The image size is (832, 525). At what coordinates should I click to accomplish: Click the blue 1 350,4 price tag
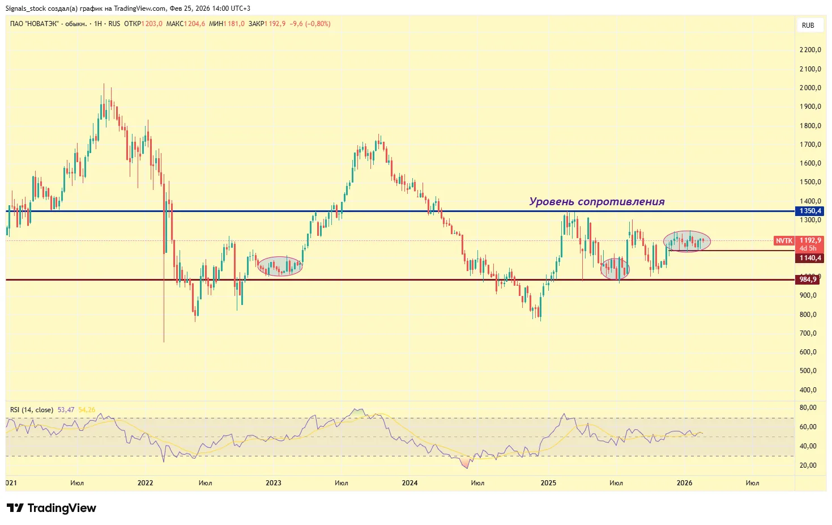(810, 211)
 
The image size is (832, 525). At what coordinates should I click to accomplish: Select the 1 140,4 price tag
(810, 258)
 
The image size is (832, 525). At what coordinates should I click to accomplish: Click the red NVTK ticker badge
(784, 241)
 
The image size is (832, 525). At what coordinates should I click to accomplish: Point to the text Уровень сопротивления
(596, 202)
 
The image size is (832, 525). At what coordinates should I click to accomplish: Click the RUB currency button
(808, 26)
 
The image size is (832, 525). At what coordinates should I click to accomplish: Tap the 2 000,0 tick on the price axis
(810, 88)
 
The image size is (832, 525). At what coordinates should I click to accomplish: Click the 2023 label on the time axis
(273, 483)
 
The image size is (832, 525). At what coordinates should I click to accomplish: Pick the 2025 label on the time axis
(548, 483)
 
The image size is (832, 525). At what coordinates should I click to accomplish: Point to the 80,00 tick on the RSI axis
(808, 408)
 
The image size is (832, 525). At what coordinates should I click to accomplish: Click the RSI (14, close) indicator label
(32, 410)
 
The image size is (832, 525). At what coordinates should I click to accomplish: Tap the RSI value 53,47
(66, 410)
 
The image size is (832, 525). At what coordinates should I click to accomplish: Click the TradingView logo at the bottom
(52, 508)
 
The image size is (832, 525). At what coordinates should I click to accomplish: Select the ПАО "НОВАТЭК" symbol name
(34, 24)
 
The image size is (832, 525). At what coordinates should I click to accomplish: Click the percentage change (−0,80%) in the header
(318, 24)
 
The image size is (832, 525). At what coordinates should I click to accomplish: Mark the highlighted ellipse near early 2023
(280, 266)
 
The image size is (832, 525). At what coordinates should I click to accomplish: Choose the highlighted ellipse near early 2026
(686, 242)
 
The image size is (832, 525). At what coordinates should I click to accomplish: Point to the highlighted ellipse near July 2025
(615, 269)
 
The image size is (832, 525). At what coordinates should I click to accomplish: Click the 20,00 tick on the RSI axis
(808, 465)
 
